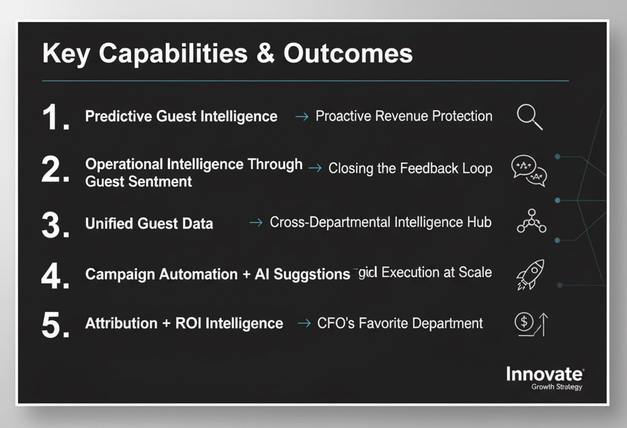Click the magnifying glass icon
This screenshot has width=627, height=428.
pyautogui.click(x=530, y=117)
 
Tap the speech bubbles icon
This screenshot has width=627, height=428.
pyautogui.click(x=530, y=170)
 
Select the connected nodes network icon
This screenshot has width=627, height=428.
pyautogui.click(x=531, y=221)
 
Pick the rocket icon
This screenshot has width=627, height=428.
pyautogui.click(x=530, y=274)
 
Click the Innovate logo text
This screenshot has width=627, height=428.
pyautogui.click(x=544, y=374)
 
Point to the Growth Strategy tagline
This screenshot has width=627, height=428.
pyautogui.click(x=556, y=387)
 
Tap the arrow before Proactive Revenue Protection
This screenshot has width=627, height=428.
pyautogui.click(x=302, y=117)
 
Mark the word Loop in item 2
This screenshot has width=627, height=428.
pyautogui.click(x=477, y=168)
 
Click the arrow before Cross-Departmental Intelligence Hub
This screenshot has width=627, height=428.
pyautogui.click(x=255, y=223)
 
